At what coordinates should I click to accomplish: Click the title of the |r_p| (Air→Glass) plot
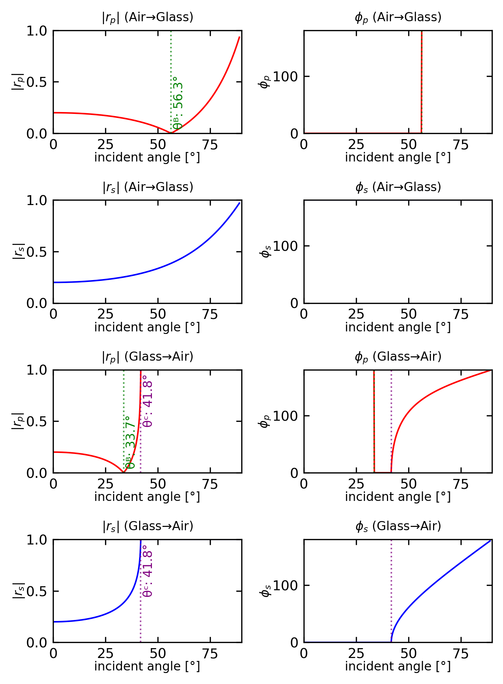pyautogui.click(x=147, y=18)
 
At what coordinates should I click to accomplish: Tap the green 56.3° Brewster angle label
pyautogui.click(x=178, y=103)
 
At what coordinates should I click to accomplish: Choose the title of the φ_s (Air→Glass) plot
pyautogui.click(x=398, y=187)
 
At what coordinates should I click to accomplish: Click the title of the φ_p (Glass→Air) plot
pyautogui.click(x=398, y=357)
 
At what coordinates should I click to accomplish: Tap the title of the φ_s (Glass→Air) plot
pyautogui.click(x=398, y=526)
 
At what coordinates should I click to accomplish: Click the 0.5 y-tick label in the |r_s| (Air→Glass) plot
pyautogui.click(x=37, y=252)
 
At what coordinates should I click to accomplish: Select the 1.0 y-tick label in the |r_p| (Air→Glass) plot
pyautogui.click(x=37, y=31)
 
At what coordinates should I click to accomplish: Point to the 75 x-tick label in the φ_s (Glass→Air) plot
pyautogui.click(x=461, y=654)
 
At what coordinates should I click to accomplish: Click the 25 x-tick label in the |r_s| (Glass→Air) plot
pyautogui.click(x=105, y=654)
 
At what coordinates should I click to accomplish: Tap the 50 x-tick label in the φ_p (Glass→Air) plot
pyautogui.click(x=408, y=485)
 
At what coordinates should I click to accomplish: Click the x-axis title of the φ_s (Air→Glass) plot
pyautogui.click(x=398, y=327)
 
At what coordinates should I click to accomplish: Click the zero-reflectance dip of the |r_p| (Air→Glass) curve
pyautogui.click(x=171, y=133)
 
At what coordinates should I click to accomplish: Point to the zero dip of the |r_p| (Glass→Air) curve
pyautogui.click(x=123, y=472)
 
